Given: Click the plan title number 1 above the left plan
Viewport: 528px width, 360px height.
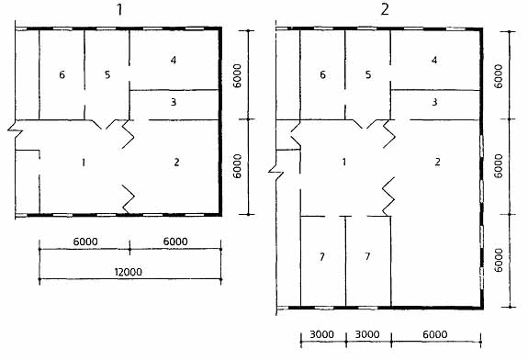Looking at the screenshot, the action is [119, 9].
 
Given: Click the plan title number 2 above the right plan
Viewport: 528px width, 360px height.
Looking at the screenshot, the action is [385, 9].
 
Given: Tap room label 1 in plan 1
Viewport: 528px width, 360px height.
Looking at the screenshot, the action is [84, 163].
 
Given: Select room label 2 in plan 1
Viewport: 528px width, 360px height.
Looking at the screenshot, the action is [176, 163].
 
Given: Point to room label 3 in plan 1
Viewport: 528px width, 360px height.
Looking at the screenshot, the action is [174, 102].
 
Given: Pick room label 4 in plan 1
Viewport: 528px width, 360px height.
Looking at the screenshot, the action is [173, 60].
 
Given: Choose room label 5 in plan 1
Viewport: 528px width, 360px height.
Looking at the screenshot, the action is [107, 74].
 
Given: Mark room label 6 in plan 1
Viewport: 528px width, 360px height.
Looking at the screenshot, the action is [62, 74].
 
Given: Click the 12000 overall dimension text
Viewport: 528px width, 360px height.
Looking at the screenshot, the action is [128, 272].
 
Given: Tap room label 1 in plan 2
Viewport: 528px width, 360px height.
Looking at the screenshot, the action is [343, 162].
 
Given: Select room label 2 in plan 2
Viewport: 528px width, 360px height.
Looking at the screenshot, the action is [437, 162].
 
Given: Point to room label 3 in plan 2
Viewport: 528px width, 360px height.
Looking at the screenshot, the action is [434, 102].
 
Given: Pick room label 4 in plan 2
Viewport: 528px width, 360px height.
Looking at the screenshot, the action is [434, 60].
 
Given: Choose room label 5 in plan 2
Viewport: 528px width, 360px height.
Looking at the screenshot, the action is [368, 74].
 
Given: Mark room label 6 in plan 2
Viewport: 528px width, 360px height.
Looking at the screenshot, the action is [322, 74].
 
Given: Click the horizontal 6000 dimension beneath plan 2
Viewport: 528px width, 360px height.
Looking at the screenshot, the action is [435, 334].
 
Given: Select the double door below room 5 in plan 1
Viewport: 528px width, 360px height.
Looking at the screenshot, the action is [107, 124].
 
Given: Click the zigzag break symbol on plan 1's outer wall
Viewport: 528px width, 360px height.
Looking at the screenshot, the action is [16, 130].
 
